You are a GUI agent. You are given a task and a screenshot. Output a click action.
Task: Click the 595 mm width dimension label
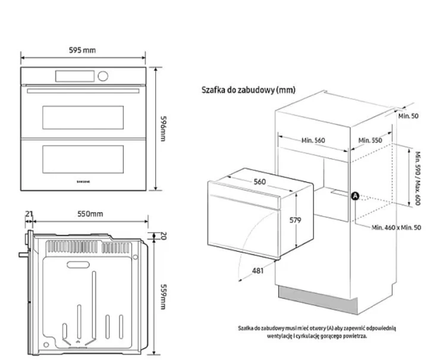tap(81, 50)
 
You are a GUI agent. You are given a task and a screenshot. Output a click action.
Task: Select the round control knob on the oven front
tap(104, 76)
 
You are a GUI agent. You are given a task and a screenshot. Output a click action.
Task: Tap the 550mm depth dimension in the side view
tap(89, 214)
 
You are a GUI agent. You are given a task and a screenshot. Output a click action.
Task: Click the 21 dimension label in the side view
tap(28, 214)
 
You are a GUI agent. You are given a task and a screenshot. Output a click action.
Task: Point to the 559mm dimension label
tap(162, 296)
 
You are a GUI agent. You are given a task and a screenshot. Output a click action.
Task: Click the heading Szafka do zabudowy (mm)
tap(248, 90)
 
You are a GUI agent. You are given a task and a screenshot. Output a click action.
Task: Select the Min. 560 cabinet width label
tap(313, 140)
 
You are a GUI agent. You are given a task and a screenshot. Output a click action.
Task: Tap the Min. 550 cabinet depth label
tap(370, 140)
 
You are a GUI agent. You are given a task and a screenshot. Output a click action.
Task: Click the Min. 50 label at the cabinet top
tap(408, 115)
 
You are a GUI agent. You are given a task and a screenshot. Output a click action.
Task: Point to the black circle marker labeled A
tap(356, 196)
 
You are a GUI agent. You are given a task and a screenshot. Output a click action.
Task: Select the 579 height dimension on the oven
tap(296, 220)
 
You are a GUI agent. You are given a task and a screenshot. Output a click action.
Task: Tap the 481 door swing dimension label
tap(257, 271)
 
